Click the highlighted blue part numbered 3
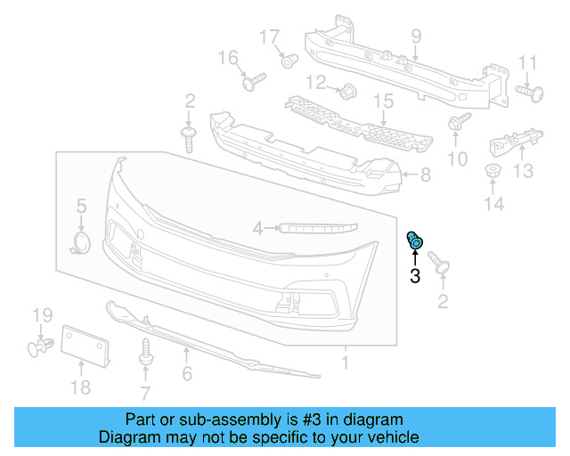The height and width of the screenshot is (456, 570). (x=415, y=240)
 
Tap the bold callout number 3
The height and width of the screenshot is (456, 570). (x=415, y=276)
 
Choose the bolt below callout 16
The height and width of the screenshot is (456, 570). (x=253, y=82)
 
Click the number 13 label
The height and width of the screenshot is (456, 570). (x=523, y=170)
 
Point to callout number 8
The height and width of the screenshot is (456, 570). (x=425, y=175)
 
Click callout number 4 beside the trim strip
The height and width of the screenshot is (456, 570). (x=258, y=229)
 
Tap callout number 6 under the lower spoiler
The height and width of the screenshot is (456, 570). (x=187, y=375)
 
